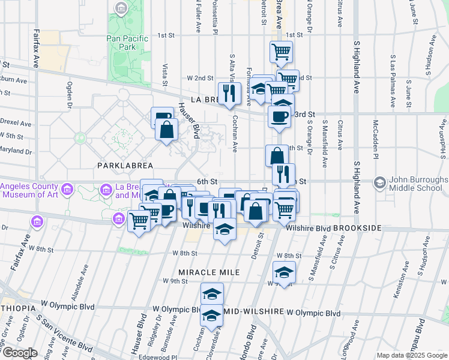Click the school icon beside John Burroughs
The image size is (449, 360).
tap(379, 181)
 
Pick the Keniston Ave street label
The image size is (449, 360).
tap(397, 293)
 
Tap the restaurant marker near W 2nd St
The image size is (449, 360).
tap(229, 92)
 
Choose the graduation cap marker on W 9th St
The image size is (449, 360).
tap(283, 272)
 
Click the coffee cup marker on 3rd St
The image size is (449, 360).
tap(279, 116)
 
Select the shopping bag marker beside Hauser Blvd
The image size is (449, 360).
tap(166, 129)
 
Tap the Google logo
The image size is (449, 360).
tap(19, 353)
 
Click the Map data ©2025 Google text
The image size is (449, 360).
tap(411, 355)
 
